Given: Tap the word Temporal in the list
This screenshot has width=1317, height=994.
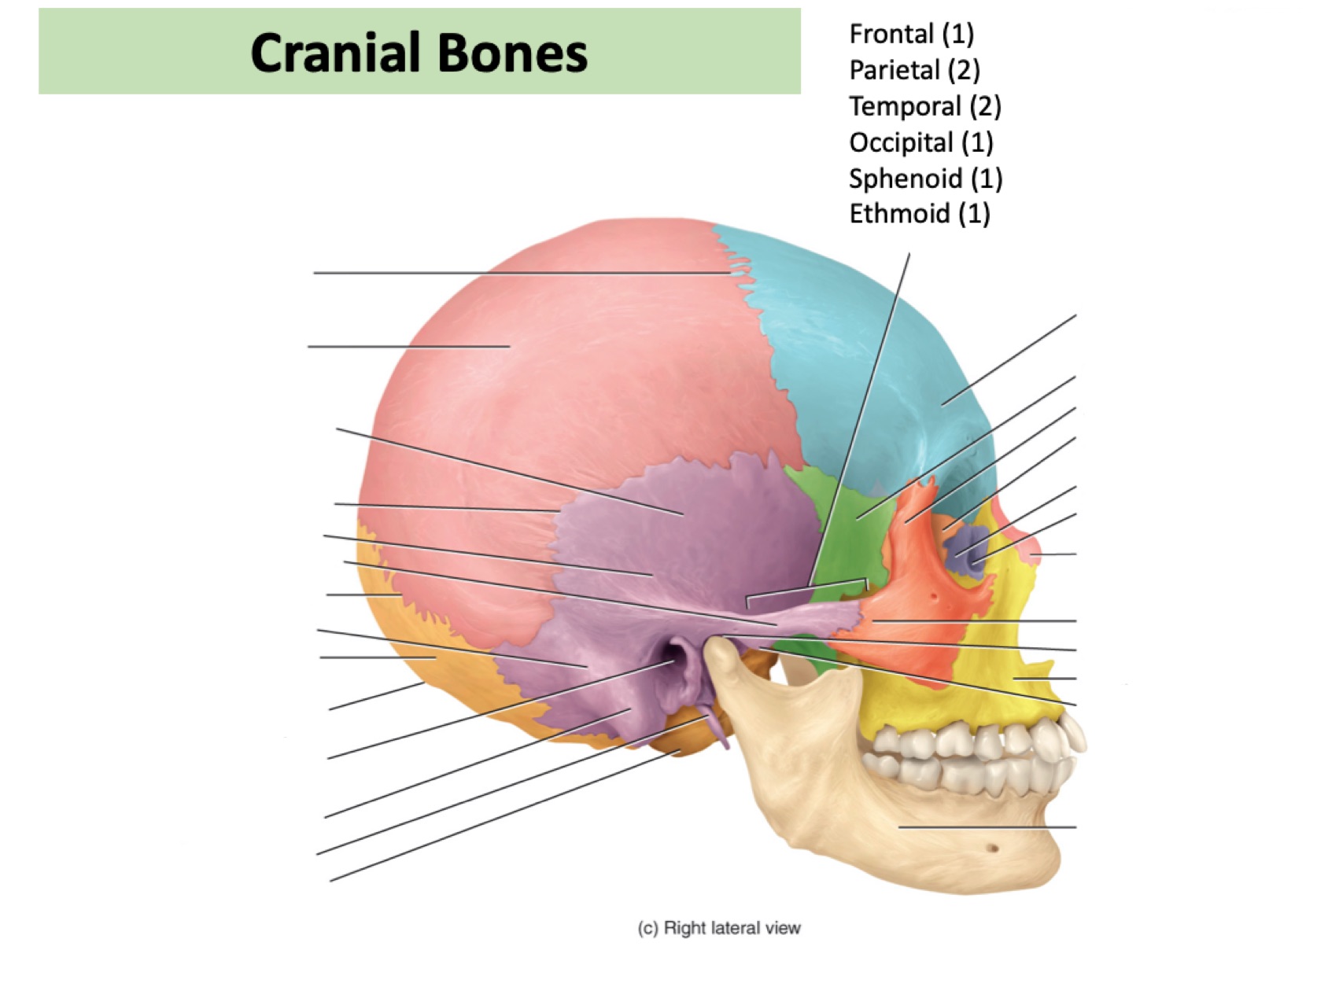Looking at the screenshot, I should pyautogui.click(x=905, y=106).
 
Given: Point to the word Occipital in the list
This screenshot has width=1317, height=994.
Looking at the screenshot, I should pyautogui.click(x=901, y=142).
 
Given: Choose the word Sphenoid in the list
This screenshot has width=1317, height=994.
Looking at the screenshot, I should pyautogui.click(x=905, y=179).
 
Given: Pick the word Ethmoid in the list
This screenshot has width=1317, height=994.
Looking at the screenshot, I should pyautogui.click(x=898, y=213).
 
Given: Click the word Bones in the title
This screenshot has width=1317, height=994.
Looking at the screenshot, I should pyautogui.click(x=512, y=53).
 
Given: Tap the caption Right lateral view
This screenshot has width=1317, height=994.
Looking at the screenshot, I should pyautogui.click(x=732, y=928).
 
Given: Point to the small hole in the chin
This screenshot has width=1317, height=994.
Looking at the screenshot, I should pyautogui.click(x=992, y=849).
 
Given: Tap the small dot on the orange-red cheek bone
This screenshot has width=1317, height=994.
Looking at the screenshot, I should pyautogui.click(x=934, y=597).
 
